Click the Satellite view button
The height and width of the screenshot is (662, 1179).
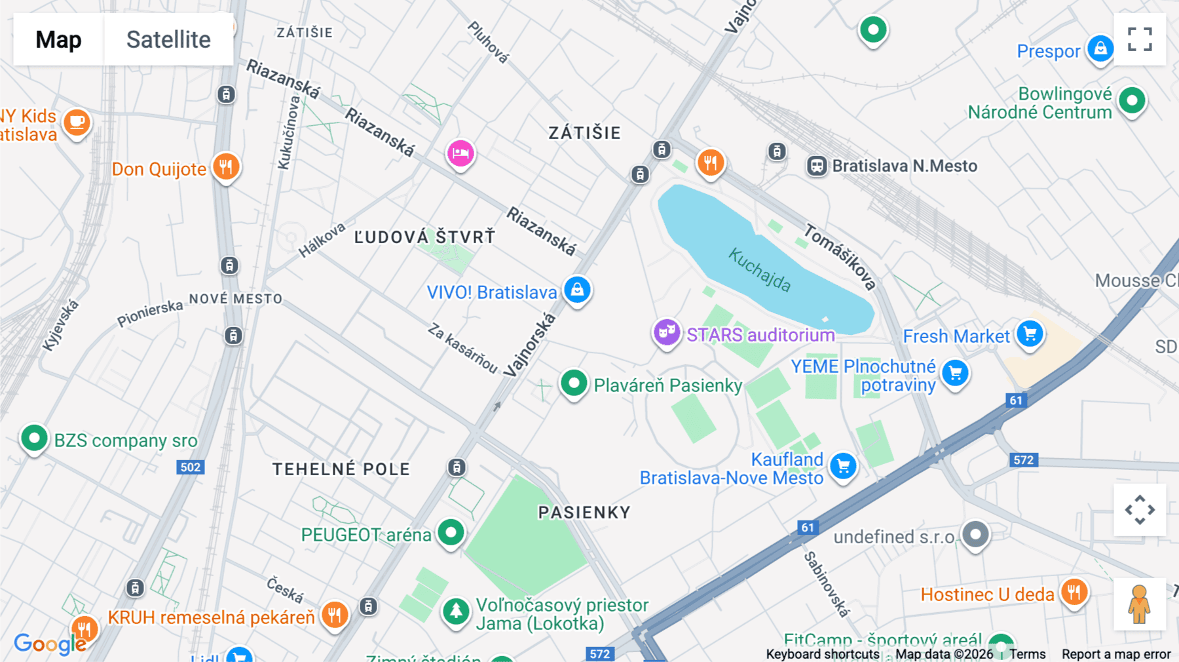click(168, 39)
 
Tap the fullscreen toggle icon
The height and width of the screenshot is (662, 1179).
click(1140, 39)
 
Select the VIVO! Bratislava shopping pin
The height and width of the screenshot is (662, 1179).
click(577, 289)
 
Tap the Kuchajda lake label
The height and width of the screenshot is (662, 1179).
click(760, 270)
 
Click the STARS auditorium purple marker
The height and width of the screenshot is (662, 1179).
click(667, 332)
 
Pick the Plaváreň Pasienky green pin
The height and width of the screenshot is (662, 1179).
click(574, 383)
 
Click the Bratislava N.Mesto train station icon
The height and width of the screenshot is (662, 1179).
click(817, 166)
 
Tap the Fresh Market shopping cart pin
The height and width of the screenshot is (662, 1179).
click(1030, 334)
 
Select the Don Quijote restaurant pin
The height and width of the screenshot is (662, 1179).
click(226, 166)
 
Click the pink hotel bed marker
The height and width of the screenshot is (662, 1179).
click(460, 153)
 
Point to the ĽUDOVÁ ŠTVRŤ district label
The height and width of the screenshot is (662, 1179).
click(424, 237)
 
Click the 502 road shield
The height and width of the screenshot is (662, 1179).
click(190, 467)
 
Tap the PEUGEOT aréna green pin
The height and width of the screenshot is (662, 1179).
click(451, 532)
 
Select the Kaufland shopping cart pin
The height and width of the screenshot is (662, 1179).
click(843, 466)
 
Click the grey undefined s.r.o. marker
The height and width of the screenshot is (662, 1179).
click(975, 534)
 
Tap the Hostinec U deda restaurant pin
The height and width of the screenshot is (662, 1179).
click(1074, 593)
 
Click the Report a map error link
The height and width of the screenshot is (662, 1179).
click(1115, 654)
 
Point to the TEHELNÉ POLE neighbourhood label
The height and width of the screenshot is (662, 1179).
click(341, 469)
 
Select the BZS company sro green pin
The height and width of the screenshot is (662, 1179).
click(34, 437)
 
